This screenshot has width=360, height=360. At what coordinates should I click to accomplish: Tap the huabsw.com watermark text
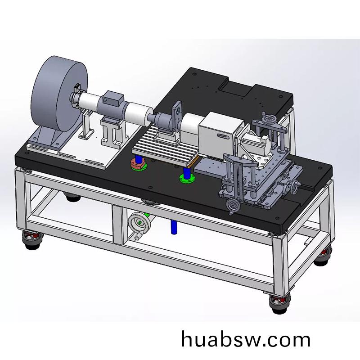point(246,340)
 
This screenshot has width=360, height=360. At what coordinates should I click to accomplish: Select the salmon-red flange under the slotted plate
point(139,164)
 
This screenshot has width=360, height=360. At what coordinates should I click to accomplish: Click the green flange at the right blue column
point(187,179)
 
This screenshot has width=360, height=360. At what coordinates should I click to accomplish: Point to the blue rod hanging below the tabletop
point(174,227)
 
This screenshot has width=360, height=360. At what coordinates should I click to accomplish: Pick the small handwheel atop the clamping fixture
point(268,120)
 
